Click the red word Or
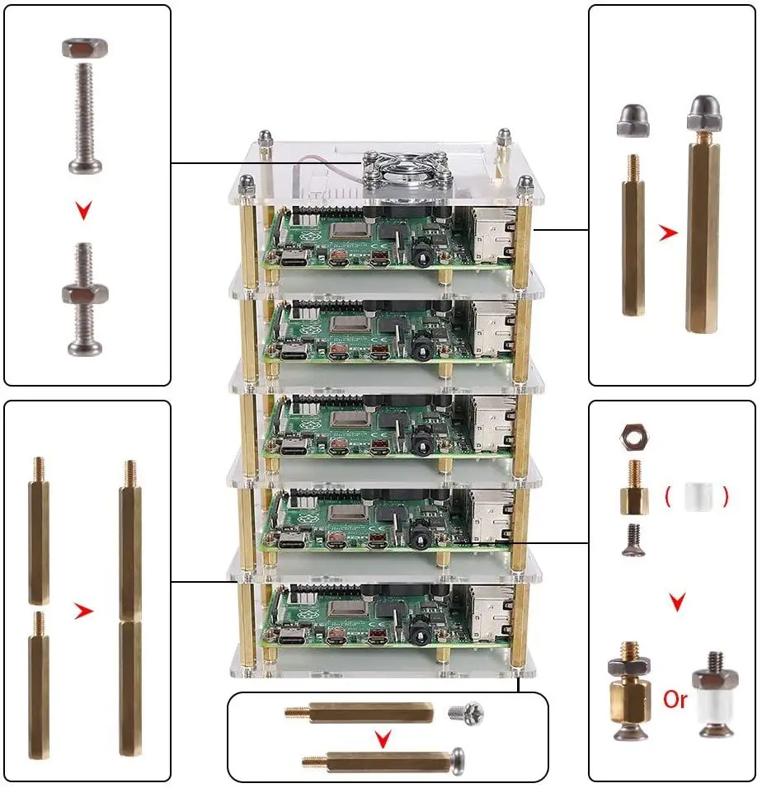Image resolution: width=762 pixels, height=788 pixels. pyautogui.click(x=675, y=700)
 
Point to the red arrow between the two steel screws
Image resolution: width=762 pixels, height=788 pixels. pyautogui.click(x=82, y=211)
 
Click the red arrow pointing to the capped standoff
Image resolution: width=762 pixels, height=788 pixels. pyautogui.click(x=669, y=233)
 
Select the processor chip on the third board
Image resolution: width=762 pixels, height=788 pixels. pyautogui.click(x=346, y=420)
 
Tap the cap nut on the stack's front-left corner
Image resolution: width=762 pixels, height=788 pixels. pyautogui.click(x=245, y=185)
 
